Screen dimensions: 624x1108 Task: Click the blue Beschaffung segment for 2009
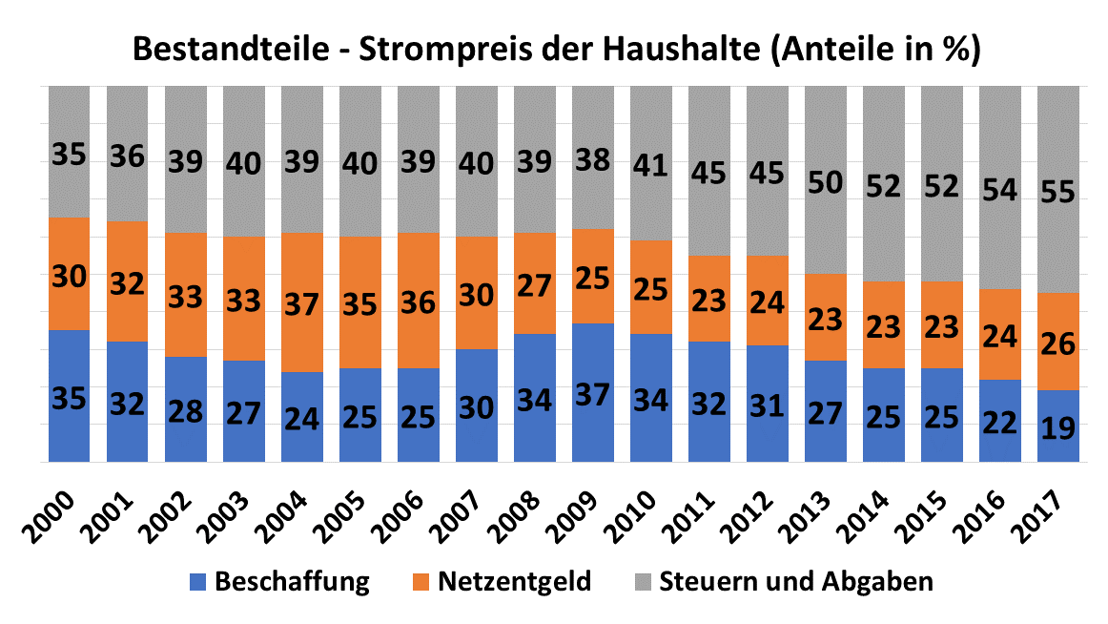tap(592, 392)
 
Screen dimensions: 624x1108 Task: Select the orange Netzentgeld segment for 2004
tap(301, 302)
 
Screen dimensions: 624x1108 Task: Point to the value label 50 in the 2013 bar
tap(825, 182)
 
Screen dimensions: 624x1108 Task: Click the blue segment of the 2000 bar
tap(69, 396)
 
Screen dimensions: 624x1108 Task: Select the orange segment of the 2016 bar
tap(999, 334)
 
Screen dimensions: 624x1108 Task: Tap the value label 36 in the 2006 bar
tap(418, 302)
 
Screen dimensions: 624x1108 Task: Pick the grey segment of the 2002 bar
tap(185, 158)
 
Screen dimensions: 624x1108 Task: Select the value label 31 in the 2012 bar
tap(767, 405)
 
